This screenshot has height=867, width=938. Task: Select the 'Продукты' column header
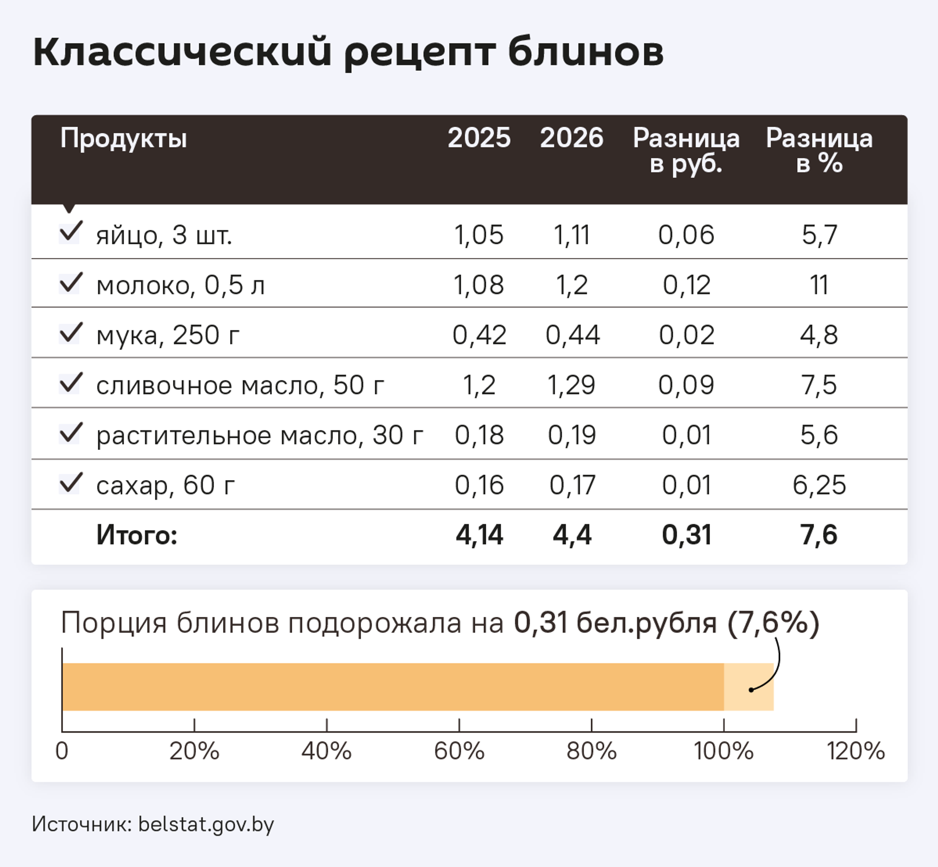(x=124, y=138)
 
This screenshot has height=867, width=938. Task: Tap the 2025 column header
(x=479, y=138)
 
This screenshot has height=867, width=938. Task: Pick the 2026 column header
(x=571, y=138)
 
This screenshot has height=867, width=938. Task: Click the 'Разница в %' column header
(x=819, y=150)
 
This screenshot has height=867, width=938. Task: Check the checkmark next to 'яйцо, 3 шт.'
(x=70, y=232)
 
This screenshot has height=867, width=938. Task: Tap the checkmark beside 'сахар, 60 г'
(x=70, y=483)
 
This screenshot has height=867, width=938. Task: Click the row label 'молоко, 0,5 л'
(x=180, y=285)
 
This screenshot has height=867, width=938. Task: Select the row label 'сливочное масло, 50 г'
(x=240, y=385)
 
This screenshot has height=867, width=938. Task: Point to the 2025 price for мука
(x=479, y=335)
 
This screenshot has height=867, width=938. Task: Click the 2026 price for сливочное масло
(x=571, y=385)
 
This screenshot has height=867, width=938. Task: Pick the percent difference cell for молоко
(x=819, y=285)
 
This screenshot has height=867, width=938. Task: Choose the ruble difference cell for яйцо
(x=686, y=235)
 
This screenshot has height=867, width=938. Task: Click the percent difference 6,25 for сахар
(x=819, y=485)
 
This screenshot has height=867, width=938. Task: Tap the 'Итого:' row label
(x=137, y=535)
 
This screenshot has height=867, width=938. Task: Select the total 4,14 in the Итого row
(x=479, y=535)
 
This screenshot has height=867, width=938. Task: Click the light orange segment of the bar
(x=748, y=687)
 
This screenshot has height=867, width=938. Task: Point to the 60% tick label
(x=459, y=751)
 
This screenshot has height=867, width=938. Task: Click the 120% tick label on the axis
(x=855, y=751)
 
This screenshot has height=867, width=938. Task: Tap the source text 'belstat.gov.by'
(x=206, y=825)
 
